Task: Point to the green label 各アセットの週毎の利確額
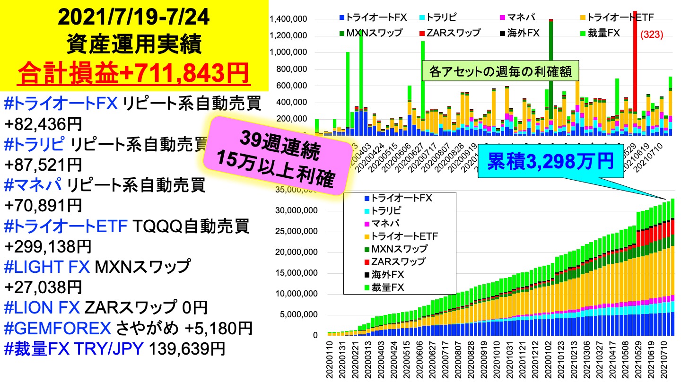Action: click(x=501, y=72)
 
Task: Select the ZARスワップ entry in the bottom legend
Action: click(x=398, y=261)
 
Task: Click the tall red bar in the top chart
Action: click(x=635, y=57)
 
